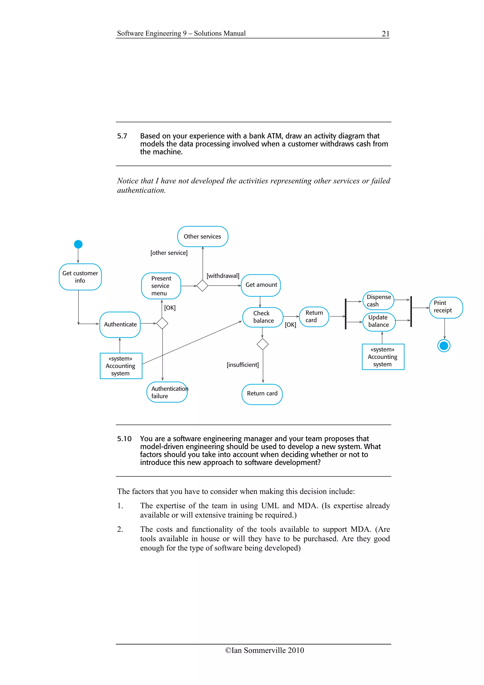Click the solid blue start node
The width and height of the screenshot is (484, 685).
pos(78,244)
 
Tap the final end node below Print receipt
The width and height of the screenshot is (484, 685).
pos(444,346)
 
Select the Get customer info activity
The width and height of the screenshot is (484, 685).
pos(80,277)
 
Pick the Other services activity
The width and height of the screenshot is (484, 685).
pos(203,237)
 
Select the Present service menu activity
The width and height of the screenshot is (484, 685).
pos(161,286)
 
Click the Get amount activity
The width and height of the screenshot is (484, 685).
pos(261,285)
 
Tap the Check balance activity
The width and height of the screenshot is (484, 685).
pos(263,317)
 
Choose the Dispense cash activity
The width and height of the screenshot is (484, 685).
pos(378,300)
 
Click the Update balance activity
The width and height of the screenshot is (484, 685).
pos(379,321)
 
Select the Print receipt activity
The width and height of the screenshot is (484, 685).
pos(445,307)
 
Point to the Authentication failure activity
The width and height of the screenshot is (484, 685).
pos(167,392)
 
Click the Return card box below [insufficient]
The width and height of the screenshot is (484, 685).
pos(262,394)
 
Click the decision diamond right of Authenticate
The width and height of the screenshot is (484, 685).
pos(162,323)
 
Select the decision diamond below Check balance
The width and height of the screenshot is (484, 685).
pos(262,344)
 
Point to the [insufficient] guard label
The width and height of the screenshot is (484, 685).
pos(242,365)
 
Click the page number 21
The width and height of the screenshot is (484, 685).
pos(385,34)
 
